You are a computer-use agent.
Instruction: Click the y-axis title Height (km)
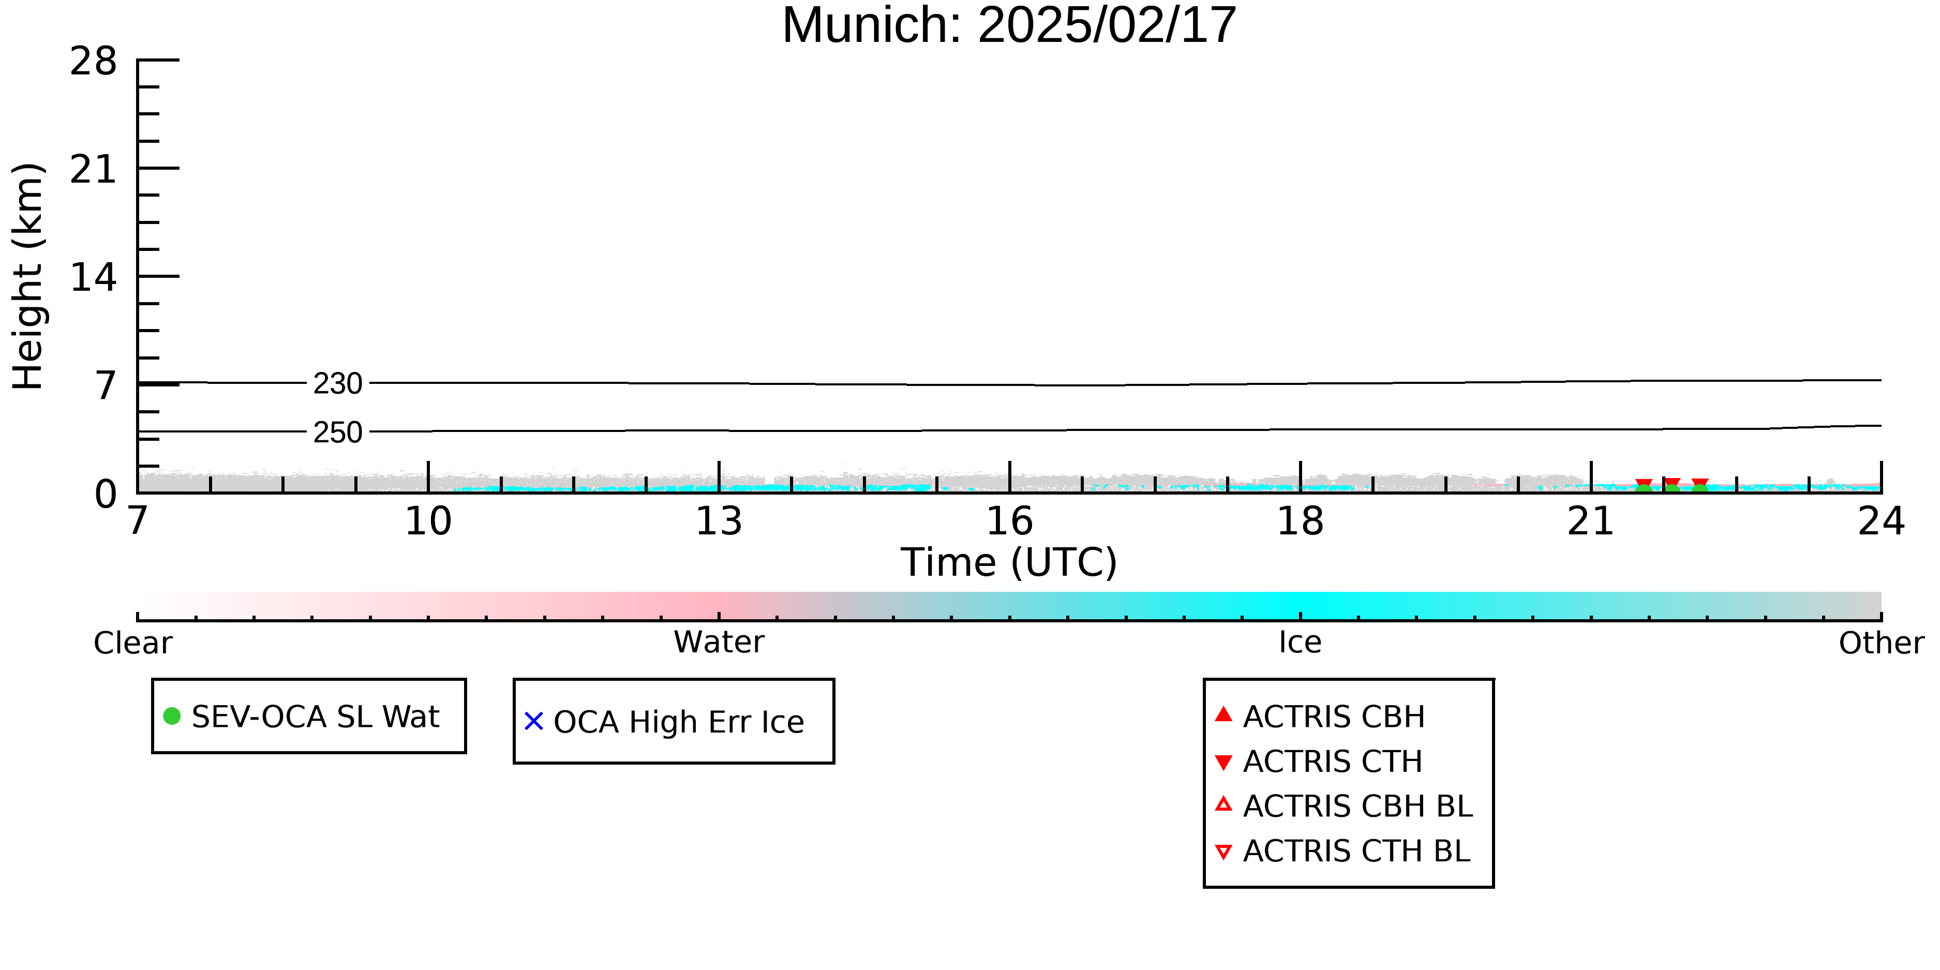coord(28,276)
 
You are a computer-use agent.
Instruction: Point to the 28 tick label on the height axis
coord(94,61)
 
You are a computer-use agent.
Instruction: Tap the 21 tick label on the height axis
coord(94,170)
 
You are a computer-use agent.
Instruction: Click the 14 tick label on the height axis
coord(94,278)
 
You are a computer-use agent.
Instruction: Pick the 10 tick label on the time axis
coord(428,521)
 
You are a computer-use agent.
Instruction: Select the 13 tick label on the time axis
coord(719,521)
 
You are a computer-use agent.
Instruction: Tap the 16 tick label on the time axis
coord(1009,521)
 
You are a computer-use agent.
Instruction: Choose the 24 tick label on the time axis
coord(1881,521)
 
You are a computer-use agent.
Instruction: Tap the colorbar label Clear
coord(132,643)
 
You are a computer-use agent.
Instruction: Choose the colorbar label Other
coord(1881,643)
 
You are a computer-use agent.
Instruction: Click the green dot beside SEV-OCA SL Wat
coord(172,716)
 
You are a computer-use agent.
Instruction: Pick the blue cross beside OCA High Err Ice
coord(534,722)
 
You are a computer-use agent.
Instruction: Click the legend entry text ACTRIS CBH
coord(1334,717)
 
